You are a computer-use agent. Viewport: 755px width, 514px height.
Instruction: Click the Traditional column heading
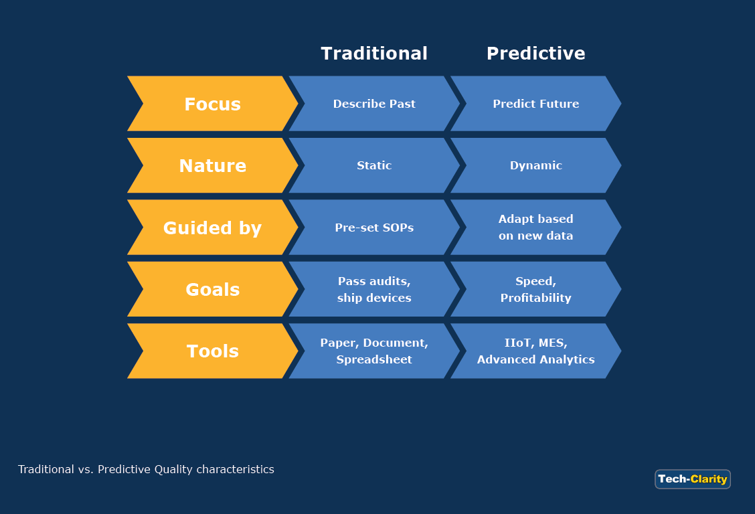tap(374, 54)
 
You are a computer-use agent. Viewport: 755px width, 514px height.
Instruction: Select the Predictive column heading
tap(535, 54)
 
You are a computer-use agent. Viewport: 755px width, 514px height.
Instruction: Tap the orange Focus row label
tap(212, 104)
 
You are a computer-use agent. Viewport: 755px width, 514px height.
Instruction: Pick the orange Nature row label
tap(212, 166)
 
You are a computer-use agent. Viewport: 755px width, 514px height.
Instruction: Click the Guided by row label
tap(212, 228)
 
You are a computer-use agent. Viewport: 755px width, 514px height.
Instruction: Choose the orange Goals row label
tap(212, 290)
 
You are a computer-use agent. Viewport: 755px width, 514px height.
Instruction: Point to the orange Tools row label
tap(212, 351)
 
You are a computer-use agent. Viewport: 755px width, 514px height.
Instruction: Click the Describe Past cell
tap(374, 104)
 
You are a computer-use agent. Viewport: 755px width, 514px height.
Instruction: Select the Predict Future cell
tap(535, 104)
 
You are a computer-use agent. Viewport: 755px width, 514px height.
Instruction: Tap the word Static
tap(374, 165)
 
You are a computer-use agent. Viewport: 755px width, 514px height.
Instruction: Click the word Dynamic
tap(535, 165)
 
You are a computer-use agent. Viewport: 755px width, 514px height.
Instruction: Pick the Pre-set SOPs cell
tap(374, 228)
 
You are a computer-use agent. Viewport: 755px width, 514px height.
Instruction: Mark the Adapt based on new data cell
tap(535, 228)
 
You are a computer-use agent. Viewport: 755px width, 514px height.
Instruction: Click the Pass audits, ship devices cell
tap(374, 290)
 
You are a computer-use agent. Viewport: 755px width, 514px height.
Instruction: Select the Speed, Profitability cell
tap(535, 290)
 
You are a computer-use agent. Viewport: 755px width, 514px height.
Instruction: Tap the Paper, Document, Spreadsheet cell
tap(374, 351)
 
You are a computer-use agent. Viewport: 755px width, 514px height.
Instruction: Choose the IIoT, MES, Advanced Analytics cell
tap(535, 351)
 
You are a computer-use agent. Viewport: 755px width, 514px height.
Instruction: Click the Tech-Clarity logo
tap(692, 479)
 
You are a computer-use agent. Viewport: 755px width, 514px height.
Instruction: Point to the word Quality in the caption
tap(173, 470)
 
